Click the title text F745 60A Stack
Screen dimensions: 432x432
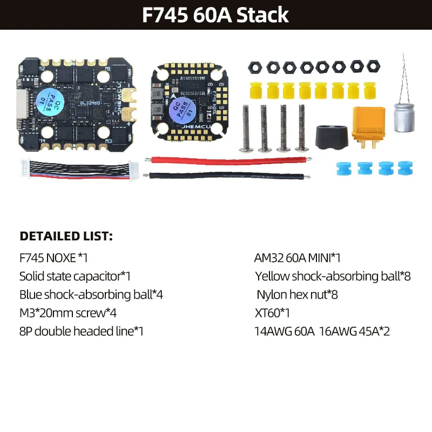215,14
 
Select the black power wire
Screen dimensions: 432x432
227,175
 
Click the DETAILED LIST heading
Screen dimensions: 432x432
66,236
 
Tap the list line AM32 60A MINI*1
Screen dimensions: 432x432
297,258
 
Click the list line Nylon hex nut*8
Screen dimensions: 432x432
297,295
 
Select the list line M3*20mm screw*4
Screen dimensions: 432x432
68,313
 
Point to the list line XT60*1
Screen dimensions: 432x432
272,313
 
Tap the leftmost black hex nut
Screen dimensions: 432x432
254,67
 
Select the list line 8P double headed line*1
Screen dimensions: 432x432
82,331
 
